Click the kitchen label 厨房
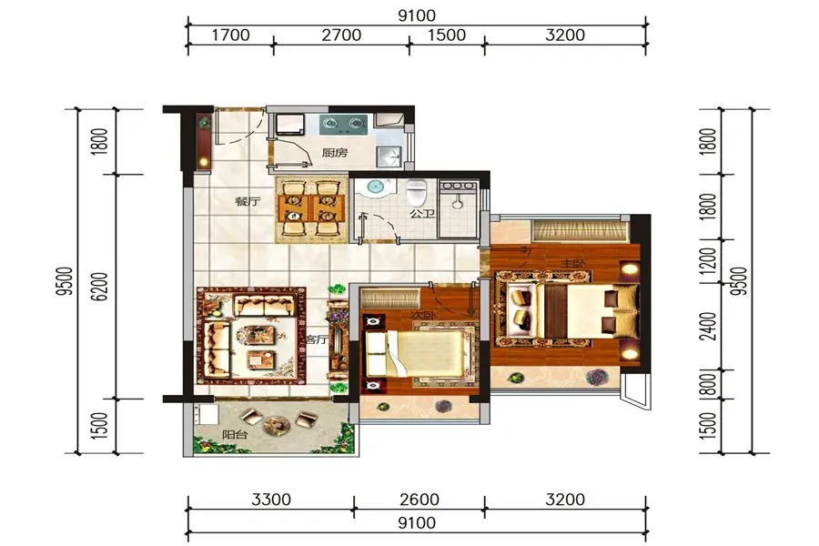click(x=334, y=153)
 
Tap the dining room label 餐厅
click(x=248, y=201)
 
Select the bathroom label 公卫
click(x=422, y=213)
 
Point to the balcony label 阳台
click(x=235, y=434)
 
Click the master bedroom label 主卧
click(x=572, y=263)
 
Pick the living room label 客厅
click(x=317, y=339)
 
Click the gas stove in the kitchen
click(x=343, y=125)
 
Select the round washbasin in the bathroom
click(x=376, y=187)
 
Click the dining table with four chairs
click(x=311, y=208)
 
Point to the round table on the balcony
click(x=275, y=425)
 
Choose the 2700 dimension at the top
click(x=341, y=35)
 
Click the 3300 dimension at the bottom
click(x=271, y=500)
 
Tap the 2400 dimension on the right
click(x=708, y=326)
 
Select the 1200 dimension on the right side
click(x=708, y=261)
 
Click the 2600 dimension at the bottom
click(x=420, y=500)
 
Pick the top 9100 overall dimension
click(x=417, y=15)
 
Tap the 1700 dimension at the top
click(x=230, y=35)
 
